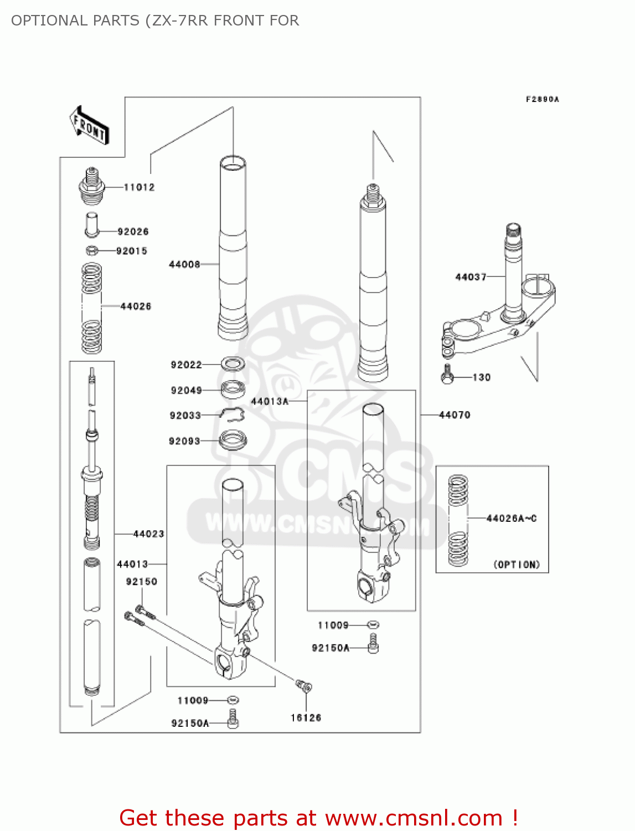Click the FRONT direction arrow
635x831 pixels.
click(89, 126)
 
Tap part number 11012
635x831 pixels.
click(139, 187)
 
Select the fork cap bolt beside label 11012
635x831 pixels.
click(92, 187)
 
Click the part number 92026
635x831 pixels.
click(133, 232)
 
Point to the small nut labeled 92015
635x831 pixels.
click(92, 251)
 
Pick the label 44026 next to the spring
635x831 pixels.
click(136, 306)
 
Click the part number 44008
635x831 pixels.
click(184, 264)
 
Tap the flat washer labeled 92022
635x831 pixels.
click(234, 364)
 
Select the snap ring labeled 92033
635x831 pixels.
click(233, 414)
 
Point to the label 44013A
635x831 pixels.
click(270, 401)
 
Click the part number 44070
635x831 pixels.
click(455, 415)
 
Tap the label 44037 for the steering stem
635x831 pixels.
click(471, 276)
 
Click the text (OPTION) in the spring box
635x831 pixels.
click(517, 565)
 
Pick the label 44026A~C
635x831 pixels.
click(512, 519)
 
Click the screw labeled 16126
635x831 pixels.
click(304, 686)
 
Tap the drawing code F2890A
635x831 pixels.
click(543, 99)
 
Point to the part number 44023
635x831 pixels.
click(148, 534)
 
